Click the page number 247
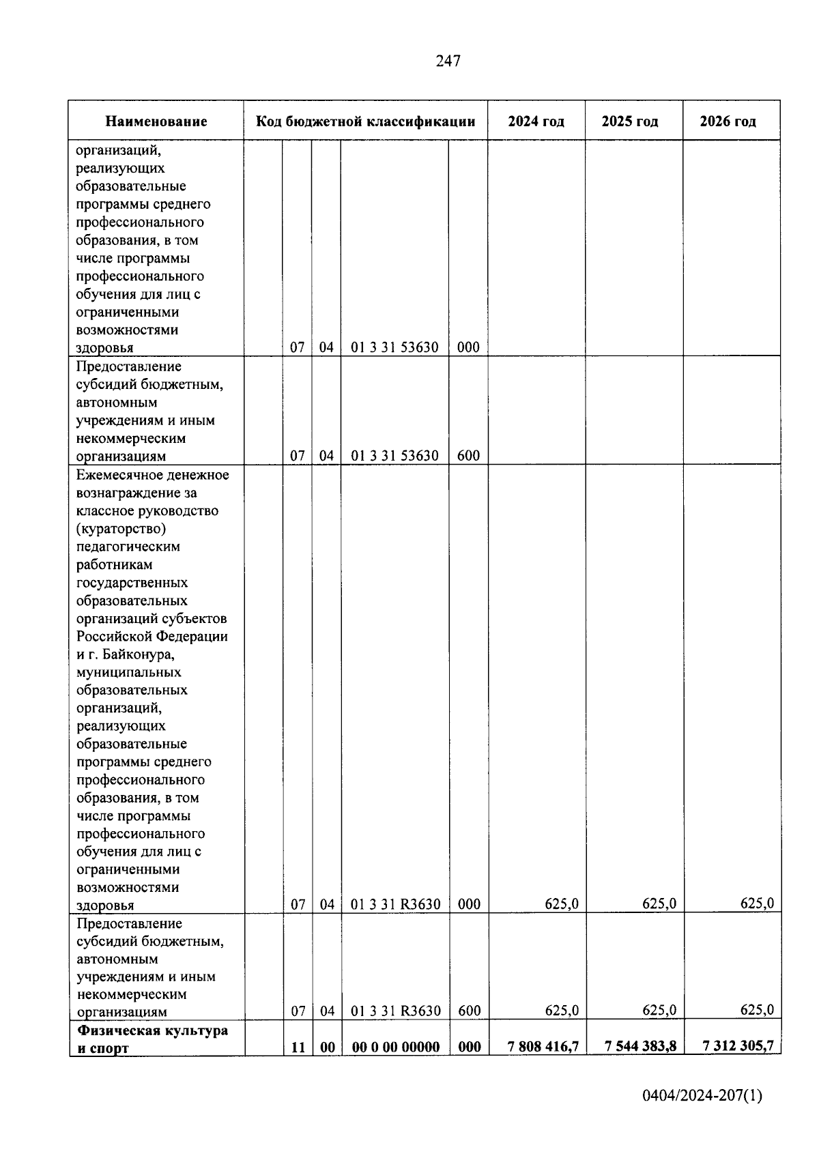pos(448,61)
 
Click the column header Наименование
pos(156,121)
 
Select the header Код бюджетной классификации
pos(365,121)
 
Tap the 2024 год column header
pos(536,121)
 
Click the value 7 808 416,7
pos(543,1046)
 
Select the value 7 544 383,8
pos(640,1046)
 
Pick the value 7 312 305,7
pos(738,1046)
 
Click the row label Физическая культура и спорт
pos(152,1039)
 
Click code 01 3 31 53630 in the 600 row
pos(394,456)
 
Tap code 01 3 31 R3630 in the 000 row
pos(396,904)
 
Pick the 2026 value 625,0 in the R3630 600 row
pos(757,1011)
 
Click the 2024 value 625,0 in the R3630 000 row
pos(562,904)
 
